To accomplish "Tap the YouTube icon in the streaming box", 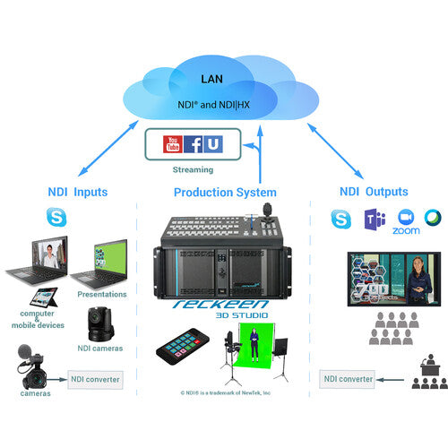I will click(x=172, y=143).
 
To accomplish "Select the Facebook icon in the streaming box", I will click(x=193, y=143).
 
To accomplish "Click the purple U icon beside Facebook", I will click(x=213, y=143).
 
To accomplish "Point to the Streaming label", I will click(x=194, y=168).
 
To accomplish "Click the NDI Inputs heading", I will click(x=80, y=192).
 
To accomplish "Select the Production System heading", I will click(x=226, y=192).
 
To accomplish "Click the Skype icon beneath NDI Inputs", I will click(x=56, y=216).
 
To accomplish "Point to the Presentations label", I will click(x=102, y=294).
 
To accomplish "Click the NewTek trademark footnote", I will click(x=225, y=392).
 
